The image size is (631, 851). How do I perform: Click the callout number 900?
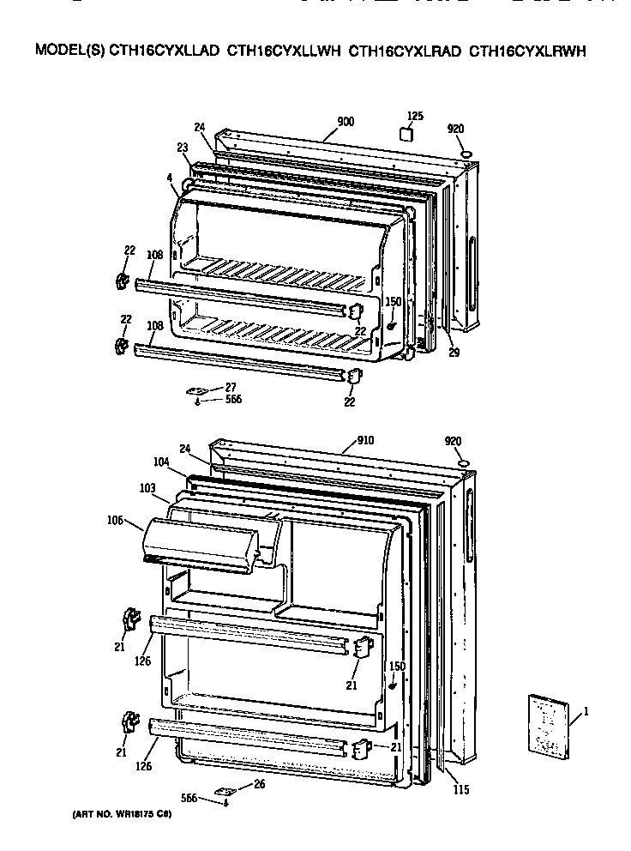tap(346, 122)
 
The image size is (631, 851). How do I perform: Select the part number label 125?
tap(415, 116)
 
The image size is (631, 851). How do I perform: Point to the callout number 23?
tap(183, 148)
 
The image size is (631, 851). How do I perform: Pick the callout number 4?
tap(171, 178)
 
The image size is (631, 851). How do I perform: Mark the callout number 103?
tap(147, 488)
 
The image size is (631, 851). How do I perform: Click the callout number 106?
tap(116, 520)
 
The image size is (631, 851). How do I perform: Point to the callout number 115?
tap(461, 789)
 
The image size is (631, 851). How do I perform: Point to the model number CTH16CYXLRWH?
tap(527, 51)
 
